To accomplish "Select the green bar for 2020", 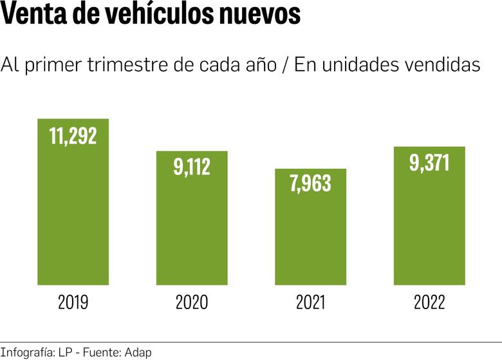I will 192,225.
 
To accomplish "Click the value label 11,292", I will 73,136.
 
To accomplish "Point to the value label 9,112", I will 192,167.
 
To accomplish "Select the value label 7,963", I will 310,184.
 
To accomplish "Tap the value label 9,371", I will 429,162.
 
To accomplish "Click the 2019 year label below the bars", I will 73,303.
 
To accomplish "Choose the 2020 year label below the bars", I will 192,303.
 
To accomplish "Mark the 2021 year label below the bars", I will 310,303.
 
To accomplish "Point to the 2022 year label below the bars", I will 429,303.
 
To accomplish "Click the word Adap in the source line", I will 139,352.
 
